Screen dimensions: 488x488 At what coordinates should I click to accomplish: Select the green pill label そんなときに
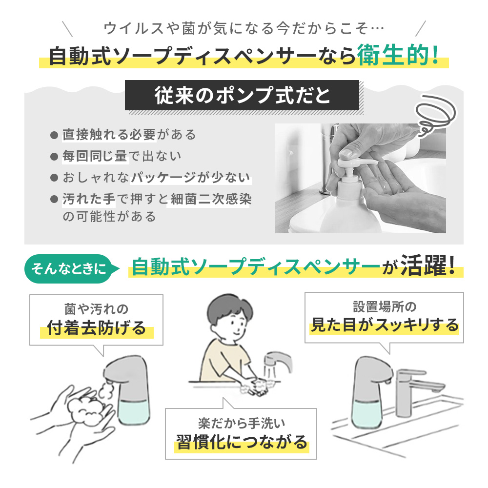68,268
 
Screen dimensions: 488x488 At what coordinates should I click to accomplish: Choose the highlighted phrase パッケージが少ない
191,178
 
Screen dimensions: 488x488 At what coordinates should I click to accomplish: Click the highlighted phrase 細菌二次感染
208,199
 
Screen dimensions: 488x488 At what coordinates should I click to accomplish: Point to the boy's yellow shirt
220,359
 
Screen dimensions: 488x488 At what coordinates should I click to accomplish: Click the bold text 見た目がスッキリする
385,325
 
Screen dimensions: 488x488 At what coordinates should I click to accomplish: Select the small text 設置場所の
385,306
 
